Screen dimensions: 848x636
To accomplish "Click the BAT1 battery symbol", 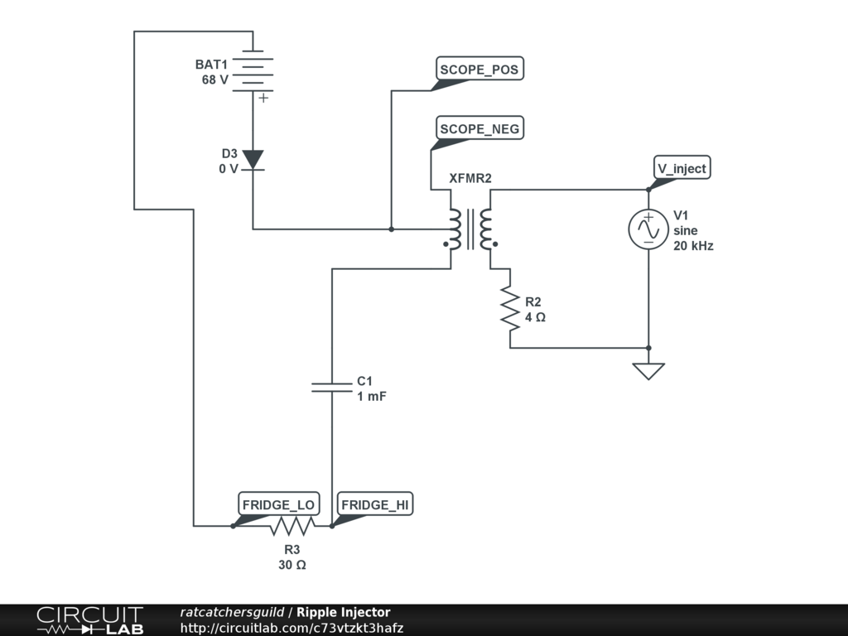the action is [253, 71].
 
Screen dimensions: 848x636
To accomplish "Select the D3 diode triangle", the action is [253, 161].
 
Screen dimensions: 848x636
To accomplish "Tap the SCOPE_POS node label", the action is [479, 69].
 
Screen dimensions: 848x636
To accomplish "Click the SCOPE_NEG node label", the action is [479, 128].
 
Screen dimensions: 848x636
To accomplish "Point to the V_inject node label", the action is [682, 168].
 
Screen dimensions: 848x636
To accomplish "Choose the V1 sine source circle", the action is [648, 229].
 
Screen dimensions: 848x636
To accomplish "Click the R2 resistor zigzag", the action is [510, 308].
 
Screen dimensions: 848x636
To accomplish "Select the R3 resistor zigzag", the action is [292, 526].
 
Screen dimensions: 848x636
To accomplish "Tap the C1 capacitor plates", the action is [331, 387].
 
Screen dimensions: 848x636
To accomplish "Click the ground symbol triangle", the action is [648, 371].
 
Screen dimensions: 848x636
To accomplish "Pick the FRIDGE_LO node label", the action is [278, 504].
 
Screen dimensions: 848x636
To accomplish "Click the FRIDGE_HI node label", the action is [375, 504].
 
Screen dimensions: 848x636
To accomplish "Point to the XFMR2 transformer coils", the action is [470, 229].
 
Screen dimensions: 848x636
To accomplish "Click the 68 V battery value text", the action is [215, 79].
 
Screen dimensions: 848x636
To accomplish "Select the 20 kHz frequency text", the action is [693, 245].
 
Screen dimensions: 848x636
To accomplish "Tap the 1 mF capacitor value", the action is [372, 396].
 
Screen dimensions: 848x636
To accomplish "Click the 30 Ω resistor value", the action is [292, 565].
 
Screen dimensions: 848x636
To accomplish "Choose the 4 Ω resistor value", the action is [536, 317].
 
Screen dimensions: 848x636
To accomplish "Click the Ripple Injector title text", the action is [344, 612].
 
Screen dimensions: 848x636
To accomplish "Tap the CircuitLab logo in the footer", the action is [89, 620].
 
